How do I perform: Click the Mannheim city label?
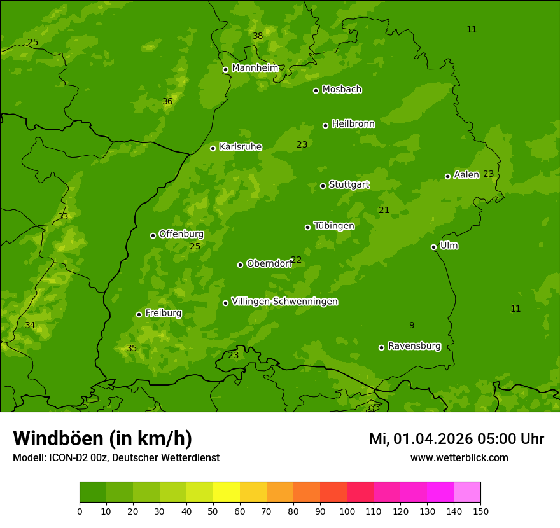click(x=255, y=68)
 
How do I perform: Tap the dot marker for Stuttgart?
click(x=323, y=186)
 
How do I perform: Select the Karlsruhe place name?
click(x=240, y=147)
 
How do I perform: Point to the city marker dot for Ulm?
click(x=433, y=247)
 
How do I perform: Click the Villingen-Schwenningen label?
click(x=284, y=302)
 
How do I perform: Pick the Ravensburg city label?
click(x=414, y=346)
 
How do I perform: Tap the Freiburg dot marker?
click(x=139, y=314)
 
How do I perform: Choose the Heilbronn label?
click(x=353, y=124)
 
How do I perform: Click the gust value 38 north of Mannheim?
click(x=258, y=36)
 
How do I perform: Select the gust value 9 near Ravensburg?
click(x=412, y=326)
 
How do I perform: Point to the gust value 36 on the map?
click(x=167, y=102)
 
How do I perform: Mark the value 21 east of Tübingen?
click(x=384, y=211)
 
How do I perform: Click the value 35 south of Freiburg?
click(x=132, y=349)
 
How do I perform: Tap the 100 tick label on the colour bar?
click(x=347, y=511)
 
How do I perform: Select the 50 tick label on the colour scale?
click(x=213, y=511)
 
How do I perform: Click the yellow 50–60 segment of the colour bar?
click(x=227, y=492)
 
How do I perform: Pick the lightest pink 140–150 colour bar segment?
click(x=467, y=492)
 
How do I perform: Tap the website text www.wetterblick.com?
click(x=459, y=458)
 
